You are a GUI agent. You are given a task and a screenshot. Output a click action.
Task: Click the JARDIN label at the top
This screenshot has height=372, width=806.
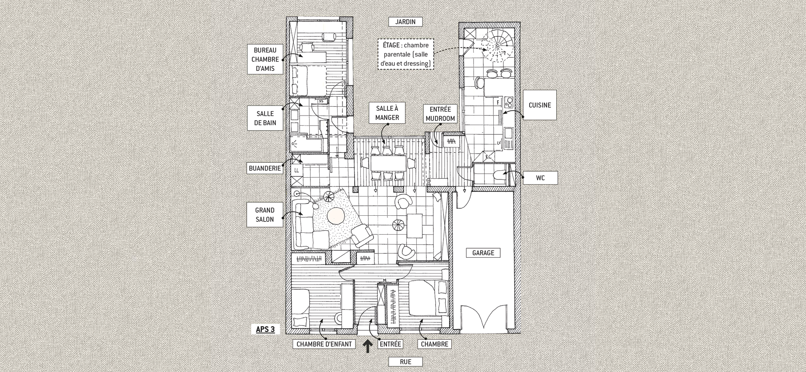click(405, 21)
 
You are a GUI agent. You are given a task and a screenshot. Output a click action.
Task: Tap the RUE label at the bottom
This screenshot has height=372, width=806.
click(405, 362)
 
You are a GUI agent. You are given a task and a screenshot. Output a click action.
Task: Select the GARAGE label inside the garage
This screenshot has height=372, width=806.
click(483, 253)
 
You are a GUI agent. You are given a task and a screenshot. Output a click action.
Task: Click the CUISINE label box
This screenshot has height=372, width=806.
click(540, 105)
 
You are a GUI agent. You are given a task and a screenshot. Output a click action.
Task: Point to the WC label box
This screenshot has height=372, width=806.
click(540, 178)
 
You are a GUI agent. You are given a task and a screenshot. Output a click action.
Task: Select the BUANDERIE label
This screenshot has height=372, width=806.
click(265, 168)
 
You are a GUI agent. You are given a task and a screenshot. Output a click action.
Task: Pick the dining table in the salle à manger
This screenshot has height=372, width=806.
click(387, 163)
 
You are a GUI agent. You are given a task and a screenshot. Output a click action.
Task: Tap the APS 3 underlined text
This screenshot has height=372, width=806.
click(265, 329)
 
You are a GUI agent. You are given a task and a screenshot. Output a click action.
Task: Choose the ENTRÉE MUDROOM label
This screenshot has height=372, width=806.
click(440, 114)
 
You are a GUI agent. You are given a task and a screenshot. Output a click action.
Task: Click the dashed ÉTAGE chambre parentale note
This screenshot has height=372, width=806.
click(405, 54)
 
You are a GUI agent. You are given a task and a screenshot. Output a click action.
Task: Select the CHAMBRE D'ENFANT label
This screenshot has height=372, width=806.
click(324, 344)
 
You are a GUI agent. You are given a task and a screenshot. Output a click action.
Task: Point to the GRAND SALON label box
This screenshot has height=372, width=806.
click(265, 214)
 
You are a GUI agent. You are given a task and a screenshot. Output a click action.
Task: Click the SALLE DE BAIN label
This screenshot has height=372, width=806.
click(265, 118)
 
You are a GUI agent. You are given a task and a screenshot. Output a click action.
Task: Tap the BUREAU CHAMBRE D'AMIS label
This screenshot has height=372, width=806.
click(265, 59)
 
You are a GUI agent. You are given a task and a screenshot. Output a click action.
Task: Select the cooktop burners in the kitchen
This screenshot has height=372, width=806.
click(509, 102)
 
